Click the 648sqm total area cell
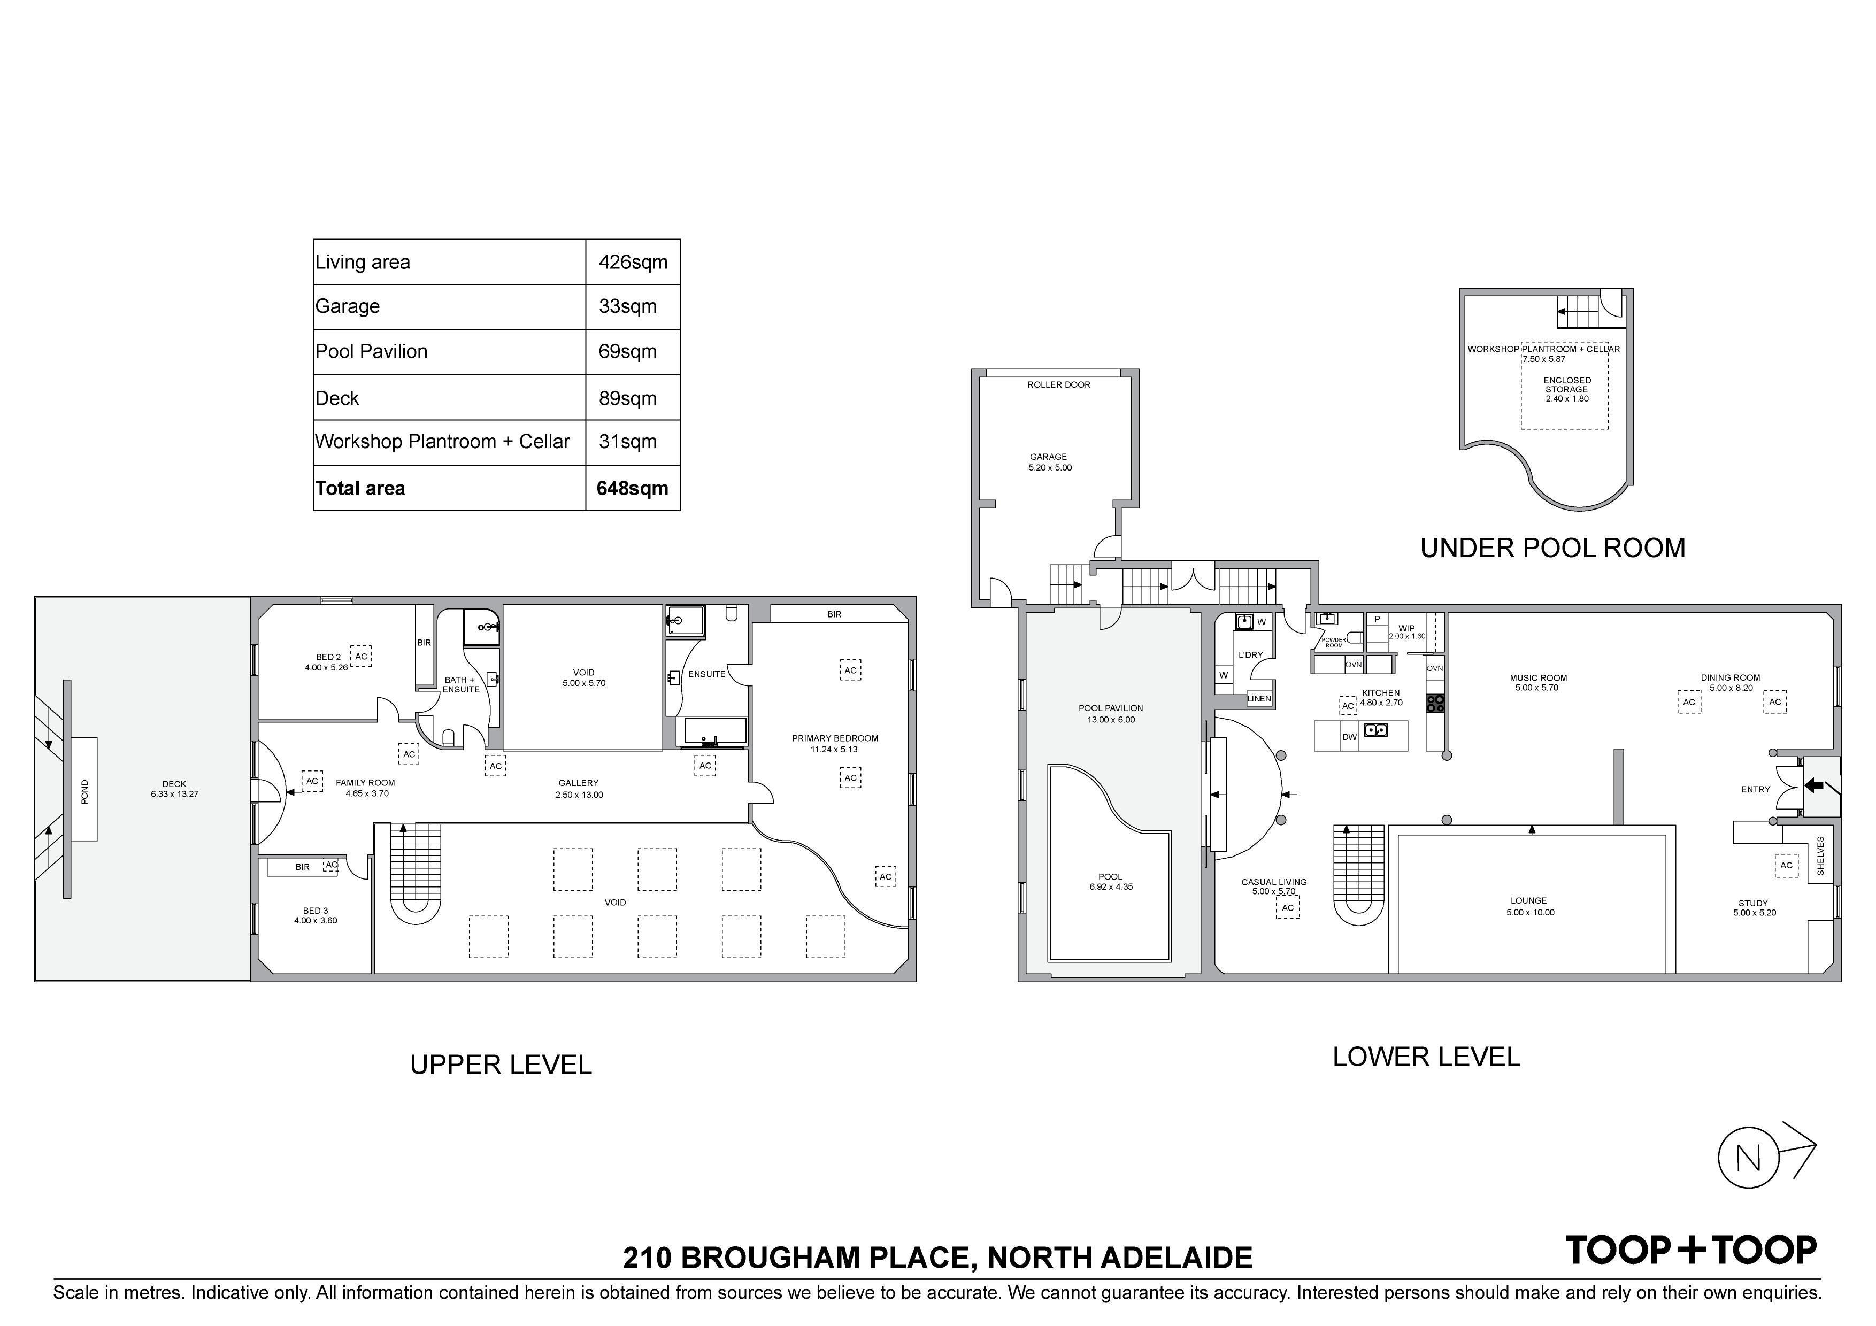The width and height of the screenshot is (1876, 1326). click(633, 489)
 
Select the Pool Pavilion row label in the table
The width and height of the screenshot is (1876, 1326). click(372, 351)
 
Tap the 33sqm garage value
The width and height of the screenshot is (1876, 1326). click(627, 306)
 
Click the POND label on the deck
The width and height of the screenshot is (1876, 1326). click(85, 792)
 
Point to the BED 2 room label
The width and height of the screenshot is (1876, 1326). click(328, 657)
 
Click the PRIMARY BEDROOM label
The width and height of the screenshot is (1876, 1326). click(835, 738)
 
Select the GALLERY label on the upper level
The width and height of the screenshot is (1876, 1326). click(579, 783)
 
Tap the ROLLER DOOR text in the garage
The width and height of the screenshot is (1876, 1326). click(1059, 385)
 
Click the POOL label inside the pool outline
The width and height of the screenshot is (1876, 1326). click(1110, 877)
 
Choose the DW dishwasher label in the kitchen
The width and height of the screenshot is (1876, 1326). click(1349, 737)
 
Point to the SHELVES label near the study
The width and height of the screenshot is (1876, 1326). click(1820, 856)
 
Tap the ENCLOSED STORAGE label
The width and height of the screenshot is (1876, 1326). click(1567, 385)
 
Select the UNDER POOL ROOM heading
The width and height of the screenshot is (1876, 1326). click(1552, 548)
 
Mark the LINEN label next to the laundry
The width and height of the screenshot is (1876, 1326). click(1259, 699)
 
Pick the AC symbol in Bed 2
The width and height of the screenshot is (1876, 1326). click(361, 656)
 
